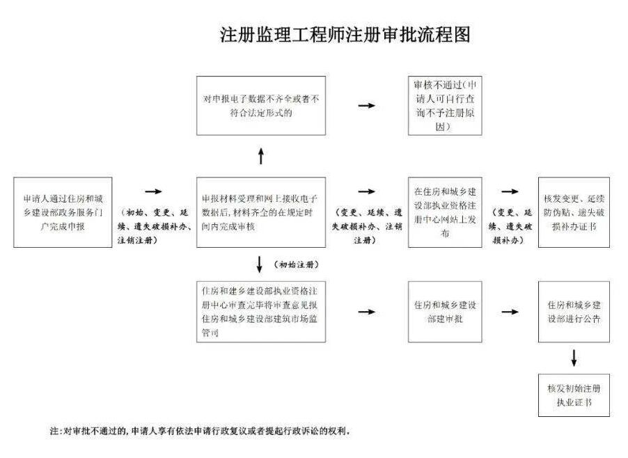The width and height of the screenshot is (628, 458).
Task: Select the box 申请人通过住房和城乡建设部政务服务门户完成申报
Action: click(x=63, y=212)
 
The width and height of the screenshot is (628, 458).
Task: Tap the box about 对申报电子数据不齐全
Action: click(x=261, y=105)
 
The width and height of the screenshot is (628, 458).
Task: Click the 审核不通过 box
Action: click(x=443, y=105)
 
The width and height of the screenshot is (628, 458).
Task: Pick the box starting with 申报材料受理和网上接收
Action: click(x=261, y=212)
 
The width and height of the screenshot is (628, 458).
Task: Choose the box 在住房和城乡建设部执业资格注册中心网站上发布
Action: click(x=443, y=212)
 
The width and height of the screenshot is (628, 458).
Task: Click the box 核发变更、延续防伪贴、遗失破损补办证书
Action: click(x=574, y=212)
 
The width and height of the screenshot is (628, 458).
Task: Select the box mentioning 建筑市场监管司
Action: click(x=261, y=311)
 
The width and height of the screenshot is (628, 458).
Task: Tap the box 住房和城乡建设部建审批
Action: click(x=443, y=311)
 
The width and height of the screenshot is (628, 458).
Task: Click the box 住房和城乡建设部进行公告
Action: click(x=574, y=311)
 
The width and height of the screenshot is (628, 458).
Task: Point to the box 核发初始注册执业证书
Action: click(x=574, y=396)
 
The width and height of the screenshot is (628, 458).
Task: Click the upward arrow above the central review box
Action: click(x=261, y=156)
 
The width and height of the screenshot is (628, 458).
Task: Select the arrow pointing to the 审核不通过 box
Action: click(x=367, y=106)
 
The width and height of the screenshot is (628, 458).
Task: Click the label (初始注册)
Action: click(x=292, y=264)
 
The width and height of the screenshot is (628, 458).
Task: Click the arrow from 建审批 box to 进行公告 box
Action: click(x=510, y=312)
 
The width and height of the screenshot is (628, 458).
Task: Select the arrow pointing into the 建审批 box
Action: click(x=367, y=312)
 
